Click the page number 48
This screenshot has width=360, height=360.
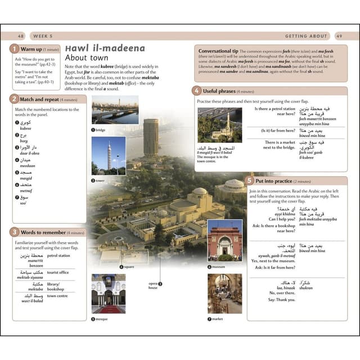click(x=21, y=36)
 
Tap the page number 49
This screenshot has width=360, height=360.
click(x=339, y=36)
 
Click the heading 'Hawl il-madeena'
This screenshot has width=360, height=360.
click(x=105, y=48)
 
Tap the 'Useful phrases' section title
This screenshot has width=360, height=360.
click(x=219, y=91)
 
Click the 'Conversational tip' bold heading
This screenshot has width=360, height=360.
click(x=218, y=51)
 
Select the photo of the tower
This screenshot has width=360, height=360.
click(x=109, y=155)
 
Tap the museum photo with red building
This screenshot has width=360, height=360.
click(x=224, y=240)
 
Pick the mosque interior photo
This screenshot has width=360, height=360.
click(x=109, y=293)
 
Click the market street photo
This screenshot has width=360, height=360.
click(x=224, y=293)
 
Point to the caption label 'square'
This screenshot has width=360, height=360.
click(x=129, y=267)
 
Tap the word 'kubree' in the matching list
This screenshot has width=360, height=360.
click(x=26, y=128)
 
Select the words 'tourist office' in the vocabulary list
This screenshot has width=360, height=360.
click(x=58, y=272)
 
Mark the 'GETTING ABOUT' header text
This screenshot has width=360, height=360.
click(x=303, y=36)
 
